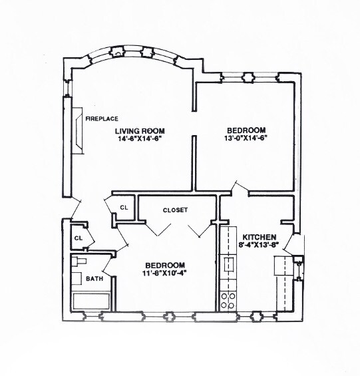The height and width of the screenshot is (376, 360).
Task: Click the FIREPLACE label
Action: click(x=101, y=118)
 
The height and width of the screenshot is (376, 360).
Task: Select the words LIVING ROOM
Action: click(x=139, y=130)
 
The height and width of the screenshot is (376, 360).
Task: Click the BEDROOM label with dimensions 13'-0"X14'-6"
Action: click(x=246, y=130)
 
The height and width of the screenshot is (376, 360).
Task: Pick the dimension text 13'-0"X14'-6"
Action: click(x=247, y=138)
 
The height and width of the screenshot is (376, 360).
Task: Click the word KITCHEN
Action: click(x=259, y=238)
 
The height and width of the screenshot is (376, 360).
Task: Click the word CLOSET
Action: click(x=175, y=210)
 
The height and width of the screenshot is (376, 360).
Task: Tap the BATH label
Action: click(x=94, y=279)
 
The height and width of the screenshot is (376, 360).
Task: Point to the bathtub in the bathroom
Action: click(x=92, y=299)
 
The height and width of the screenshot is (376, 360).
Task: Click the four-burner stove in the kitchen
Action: click(x=228, y=300)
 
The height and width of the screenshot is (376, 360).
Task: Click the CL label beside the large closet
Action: click(x=124, y=208)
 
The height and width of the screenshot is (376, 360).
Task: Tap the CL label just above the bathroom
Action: click(x=79, y=238)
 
